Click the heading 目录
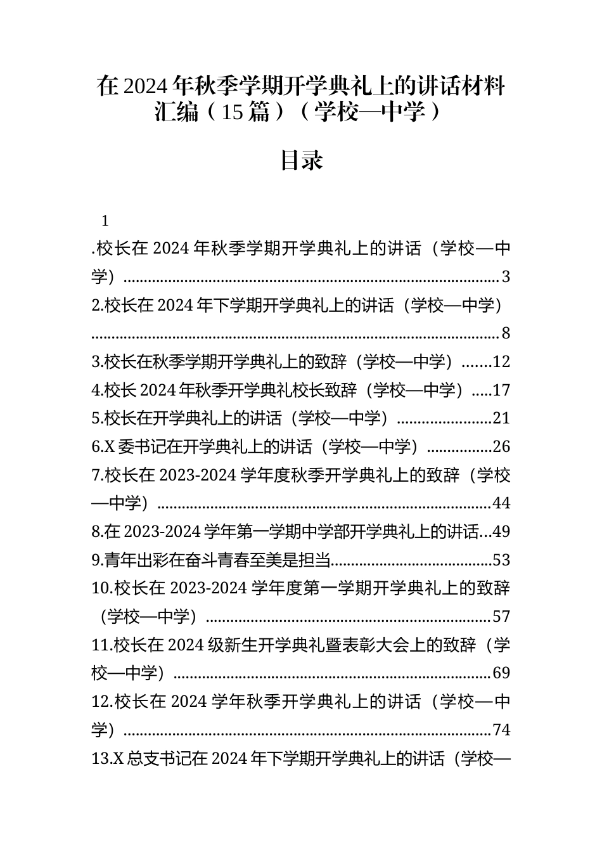pos(301,160)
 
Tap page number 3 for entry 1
pos(506,277)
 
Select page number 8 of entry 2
pos(506,333)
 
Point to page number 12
pos(501,362)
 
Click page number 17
pos(501,390)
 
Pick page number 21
pos(501,418)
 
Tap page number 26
pos(501,447)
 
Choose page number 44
pos(501,503)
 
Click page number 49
pos(501,531)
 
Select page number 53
pos(501,560)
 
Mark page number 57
pos(501,616)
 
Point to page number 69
pos(501,673)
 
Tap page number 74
pos(501,730)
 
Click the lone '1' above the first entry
pos(105,221)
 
